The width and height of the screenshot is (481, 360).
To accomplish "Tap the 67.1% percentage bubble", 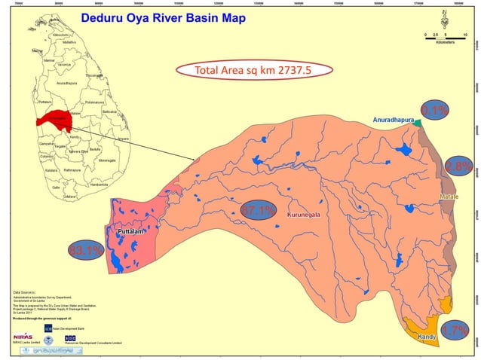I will coord(257,211).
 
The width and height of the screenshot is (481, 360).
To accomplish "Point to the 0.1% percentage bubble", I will coord(435,111).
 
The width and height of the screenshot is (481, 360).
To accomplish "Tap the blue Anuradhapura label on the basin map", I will coord(394,120).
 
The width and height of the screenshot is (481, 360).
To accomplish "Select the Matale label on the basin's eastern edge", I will coord(449,197).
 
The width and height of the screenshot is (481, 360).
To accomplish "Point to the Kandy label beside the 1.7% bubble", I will coord(427,337).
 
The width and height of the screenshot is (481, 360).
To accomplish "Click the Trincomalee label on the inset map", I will coord(93,75).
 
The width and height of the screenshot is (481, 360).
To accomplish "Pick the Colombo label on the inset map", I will coord(46,157).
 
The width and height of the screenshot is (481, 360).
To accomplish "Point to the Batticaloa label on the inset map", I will coord(110,111).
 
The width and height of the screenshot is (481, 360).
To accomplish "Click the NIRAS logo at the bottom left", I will coord(23,334).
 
